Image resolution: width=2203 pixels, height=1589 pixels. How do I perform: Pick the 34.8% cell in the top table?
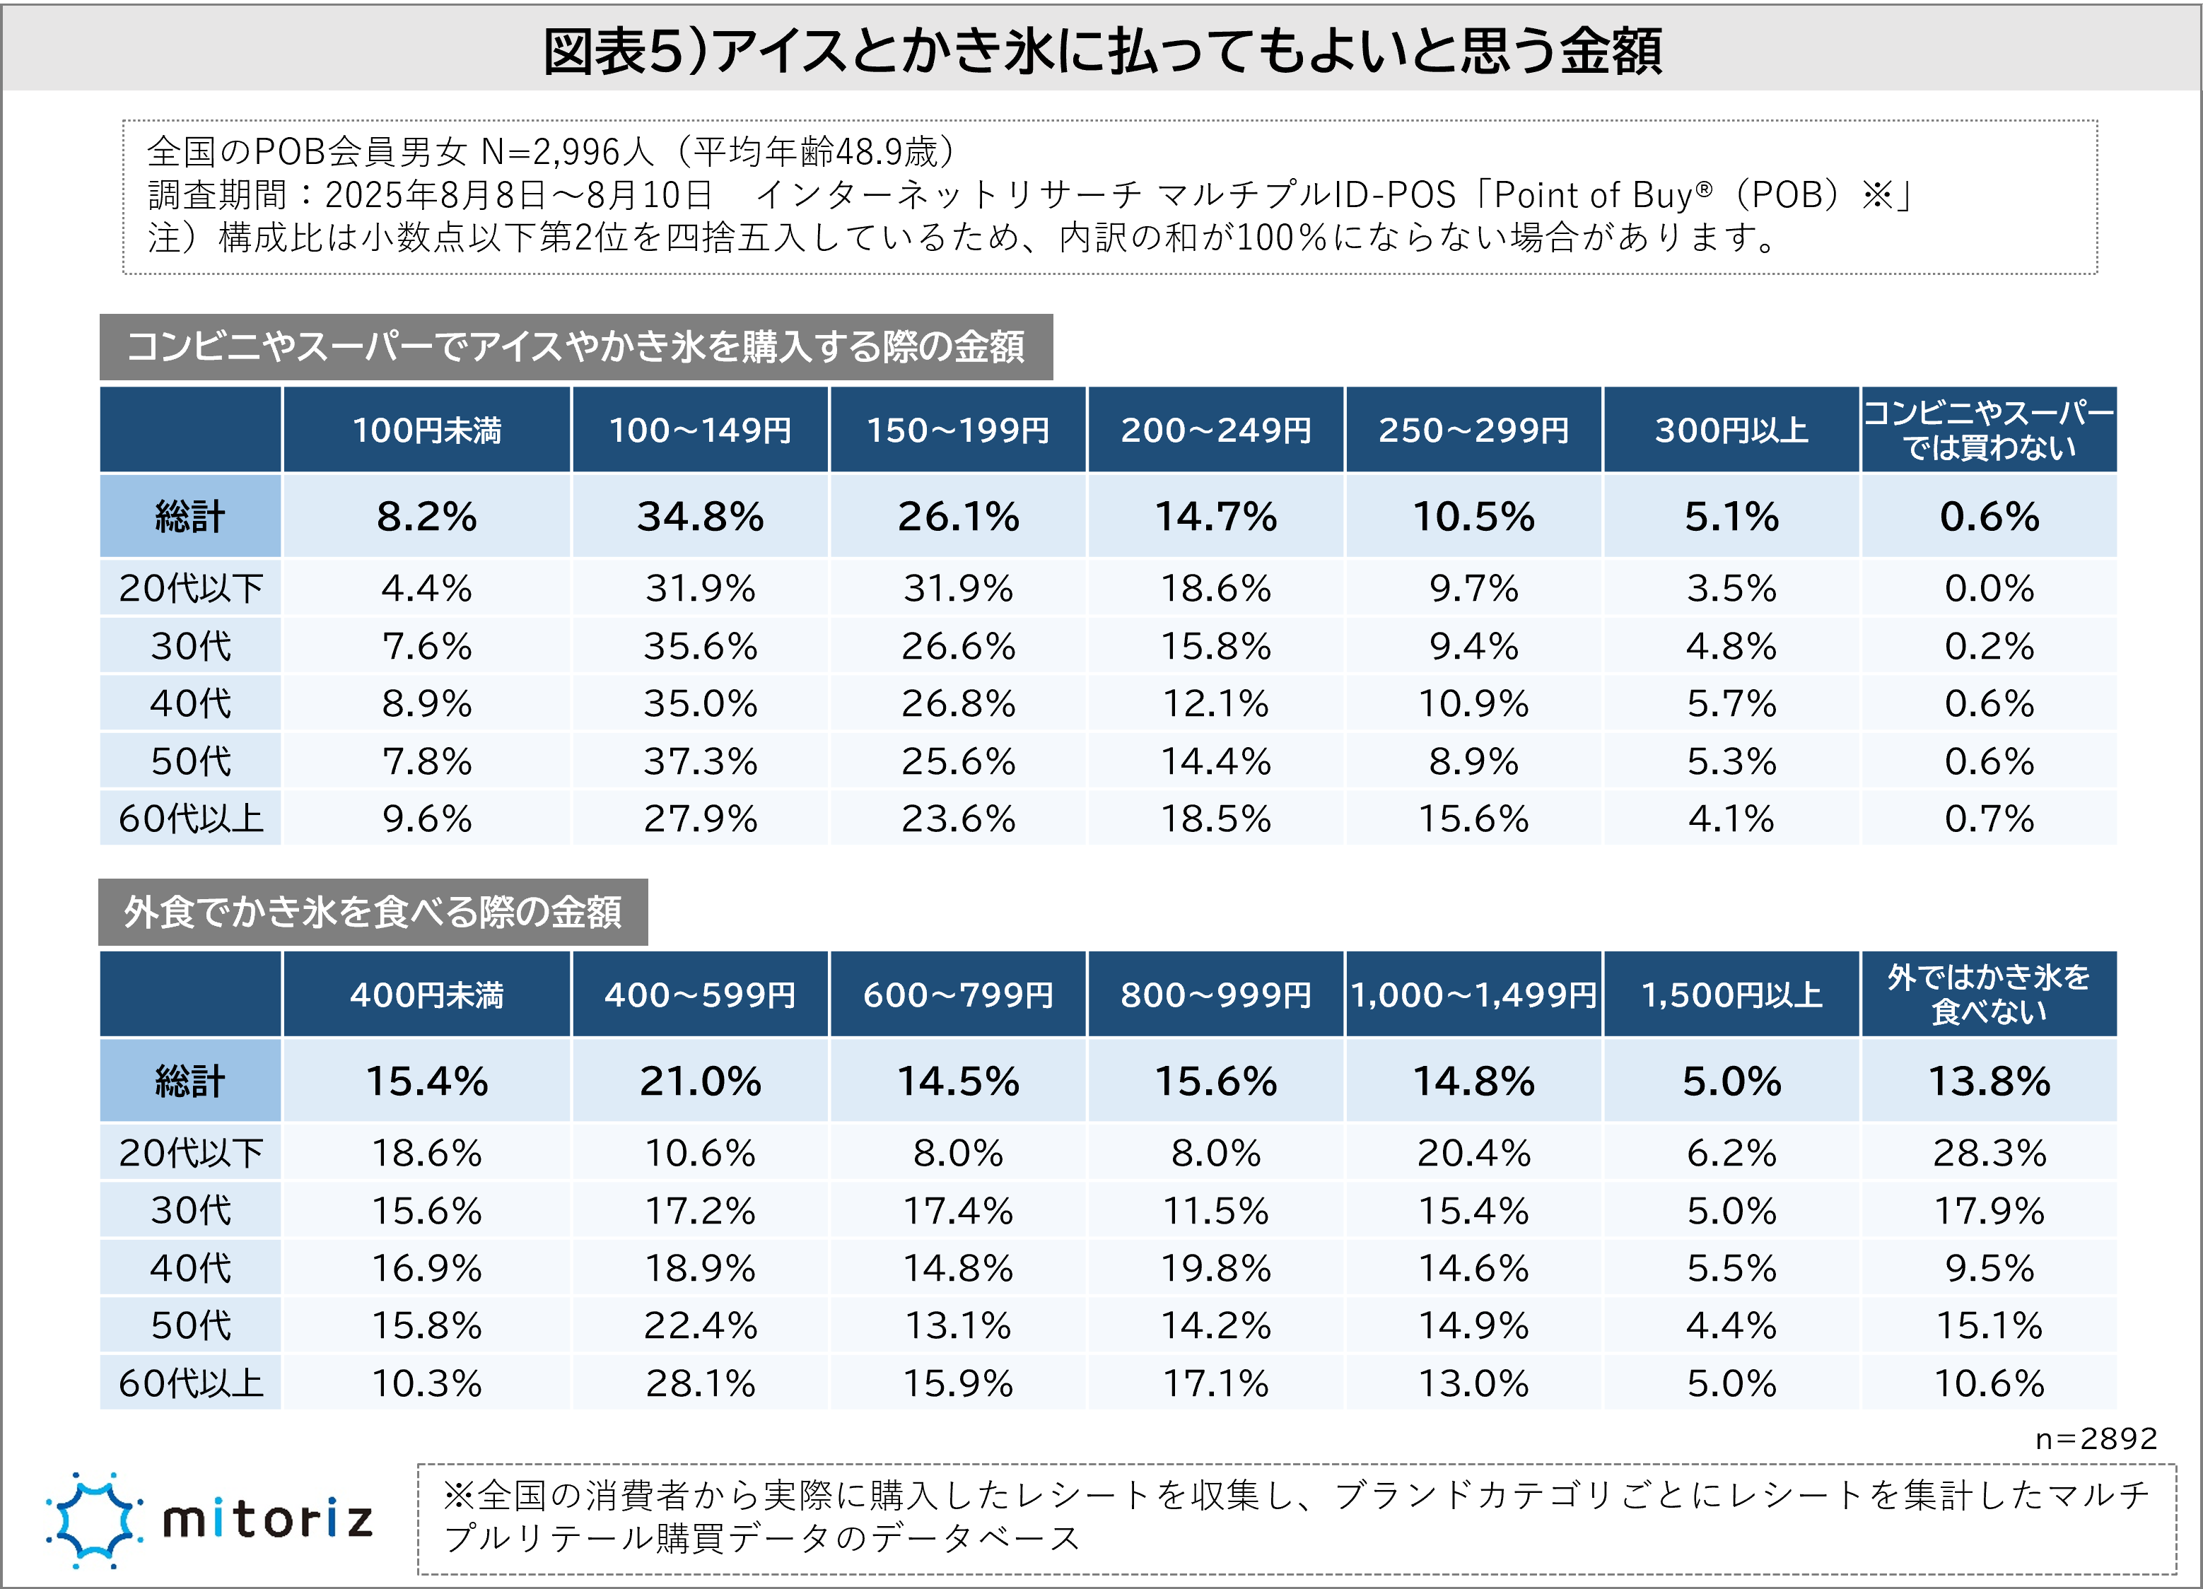[699, 517]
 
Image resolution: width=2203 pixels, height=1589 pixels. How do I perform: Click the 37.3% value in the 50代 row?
[699, 761]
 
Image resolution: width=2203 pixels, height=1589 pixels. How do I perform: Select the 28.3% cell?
[1988, 1153]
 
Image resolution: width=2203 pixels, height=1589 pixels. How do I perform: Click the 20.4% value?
[1473, 1153]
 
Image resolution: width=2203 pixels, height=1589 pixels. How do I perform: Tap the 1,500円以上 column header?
[1731, 995]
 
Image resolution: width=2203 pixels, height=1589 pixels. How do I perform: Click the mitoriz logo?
[209, 1520]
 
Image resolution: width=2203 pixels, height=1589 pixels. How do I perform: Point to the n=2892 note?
[2095, 1438]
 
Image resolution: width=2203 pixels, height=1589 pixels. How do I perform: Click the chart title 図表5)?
[1101, 50]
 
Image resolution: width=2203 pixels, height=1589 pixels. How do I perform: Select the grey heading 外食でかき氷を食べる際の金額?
[373, 912]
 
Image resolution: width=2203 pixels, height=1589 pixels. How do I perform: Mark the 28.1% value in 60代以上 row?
[699, 1383]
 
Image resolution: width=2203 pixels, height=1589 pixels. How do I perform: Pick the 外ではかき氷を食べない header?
[1988, 995]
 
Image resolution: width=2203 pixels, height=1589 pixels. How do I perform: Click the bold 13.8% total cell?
[1988, 1081]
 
